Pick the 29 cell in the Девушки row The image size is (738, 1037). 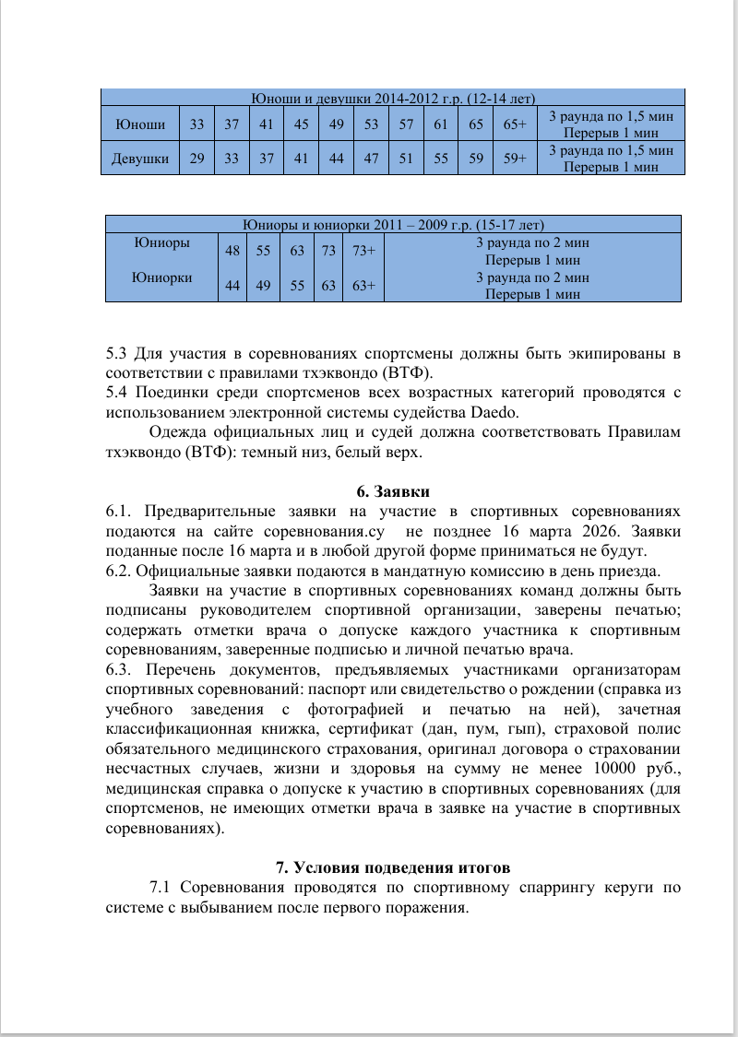[x=197, y=159]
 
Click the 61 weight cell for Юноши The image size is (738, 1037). [x=441, y=124]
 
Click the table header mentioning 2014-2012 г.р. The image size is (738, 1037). [x=393, y=98]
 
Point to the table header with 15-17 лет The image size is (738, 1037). [x=393, y=224]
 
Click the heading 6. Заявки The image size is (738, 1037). [x=393, y=491]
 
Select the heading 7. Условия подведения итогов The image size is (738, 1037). [x=393, y=867]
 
